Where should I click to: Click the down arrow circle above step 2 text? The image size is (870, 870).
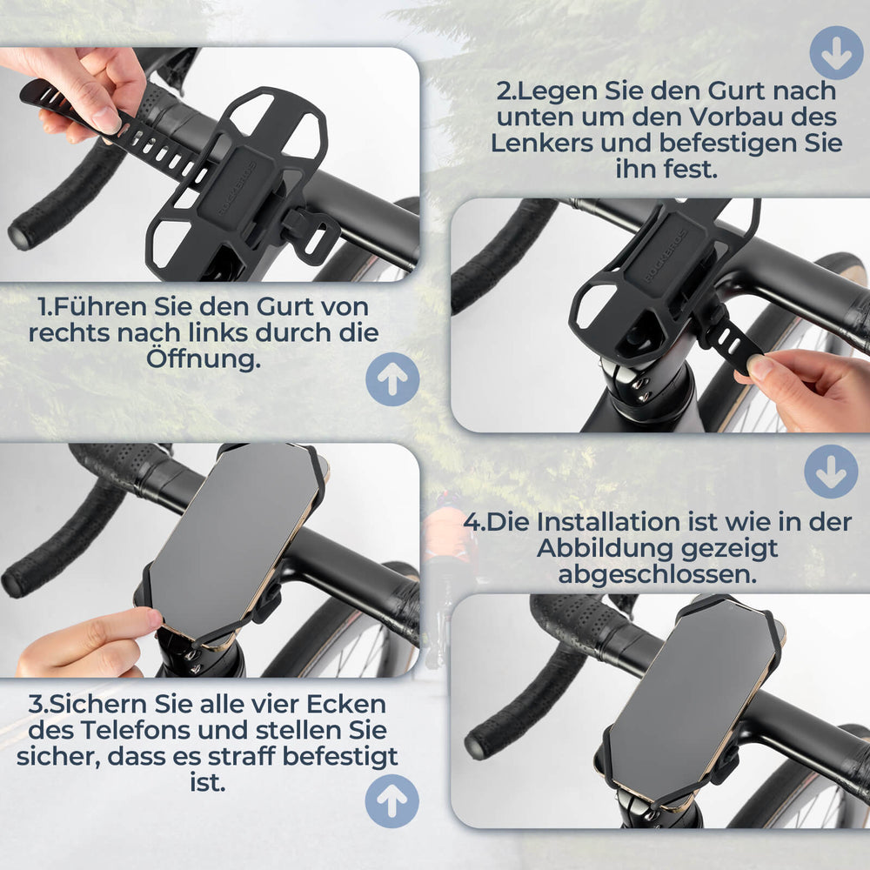(836, 53)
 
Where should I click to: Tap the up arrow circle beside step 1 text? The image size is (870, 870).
(391, 380)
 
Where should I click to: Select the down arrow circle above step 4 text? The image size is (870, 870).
(830, 472)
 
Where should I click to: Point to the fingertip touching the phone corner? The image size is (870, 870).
(153, 619)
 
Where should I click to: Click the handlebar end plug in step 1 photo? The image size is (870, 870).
(20, 238)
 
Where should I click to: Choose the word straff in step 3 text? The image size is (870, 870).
(262, 755)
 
